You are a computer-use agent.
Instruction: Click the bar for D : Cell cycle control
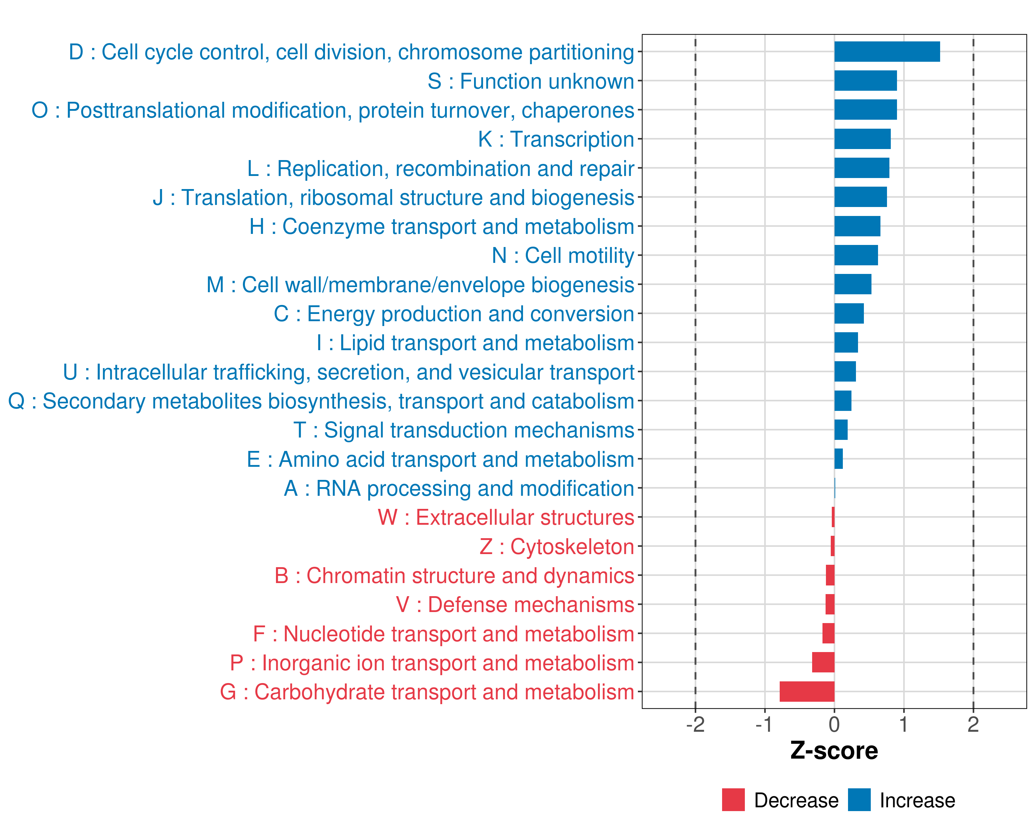(x=887, y=52)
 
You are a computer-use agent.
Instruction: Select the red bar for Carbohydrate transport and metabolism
(x=807, y=692)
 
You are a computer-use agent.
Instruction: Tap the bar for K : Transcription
(x=862, y=139)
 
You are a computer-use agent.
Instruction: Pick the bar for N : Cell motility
(x=856, y=255)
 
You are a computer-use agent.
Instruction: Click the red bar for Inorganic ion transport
(x=823, y=662)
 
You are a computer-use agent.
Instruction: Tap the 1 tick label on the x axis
(x=904, y=724)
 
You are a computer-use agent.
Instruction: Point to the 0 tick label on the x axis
(x=834, y=724)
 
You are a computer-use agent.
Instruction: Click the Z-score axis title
(x=834, y=751)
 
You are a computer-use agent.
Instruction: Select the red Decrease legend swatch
(x=733, y=800)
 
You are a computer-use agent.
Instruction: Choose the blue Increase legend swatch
(x=859, y=800)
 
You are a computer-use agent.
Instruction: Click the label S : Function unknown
(x=531, y=81)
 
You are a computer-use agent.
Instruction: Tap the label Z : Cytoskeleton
(x=557, y=547)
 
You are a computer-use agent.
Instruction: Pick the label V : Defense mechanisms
(x=515, y=605)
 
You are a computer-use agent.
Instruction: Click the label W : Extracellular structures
(x=506, y=517)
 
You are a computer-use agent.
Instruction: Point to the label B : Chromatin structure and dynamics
(x=454, y=575)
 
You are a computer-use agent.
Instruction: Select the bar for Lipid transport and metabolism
(x=846, y=343)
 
